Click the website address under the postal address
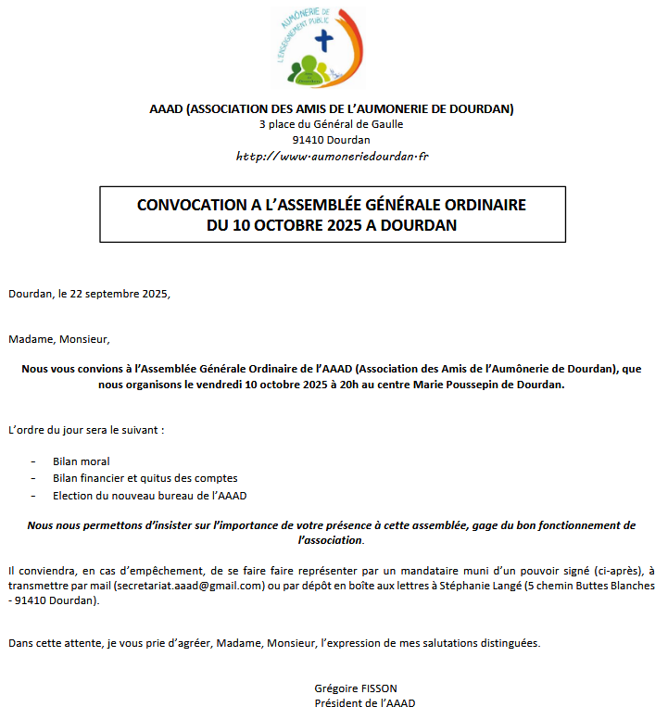click(x=332, y=157)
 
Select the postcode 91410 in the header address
click(x=307, y=140)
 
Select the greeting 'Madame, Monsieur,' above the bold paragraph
click(x=59, y=339)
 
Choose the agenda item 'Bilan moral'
click(x=82, y=461)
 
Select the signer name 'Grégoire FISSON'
click(x=355, y=688)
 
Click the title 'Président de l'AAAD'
click(x=365, y=702)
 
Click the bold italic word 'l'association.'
click(x=331, y=539)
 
